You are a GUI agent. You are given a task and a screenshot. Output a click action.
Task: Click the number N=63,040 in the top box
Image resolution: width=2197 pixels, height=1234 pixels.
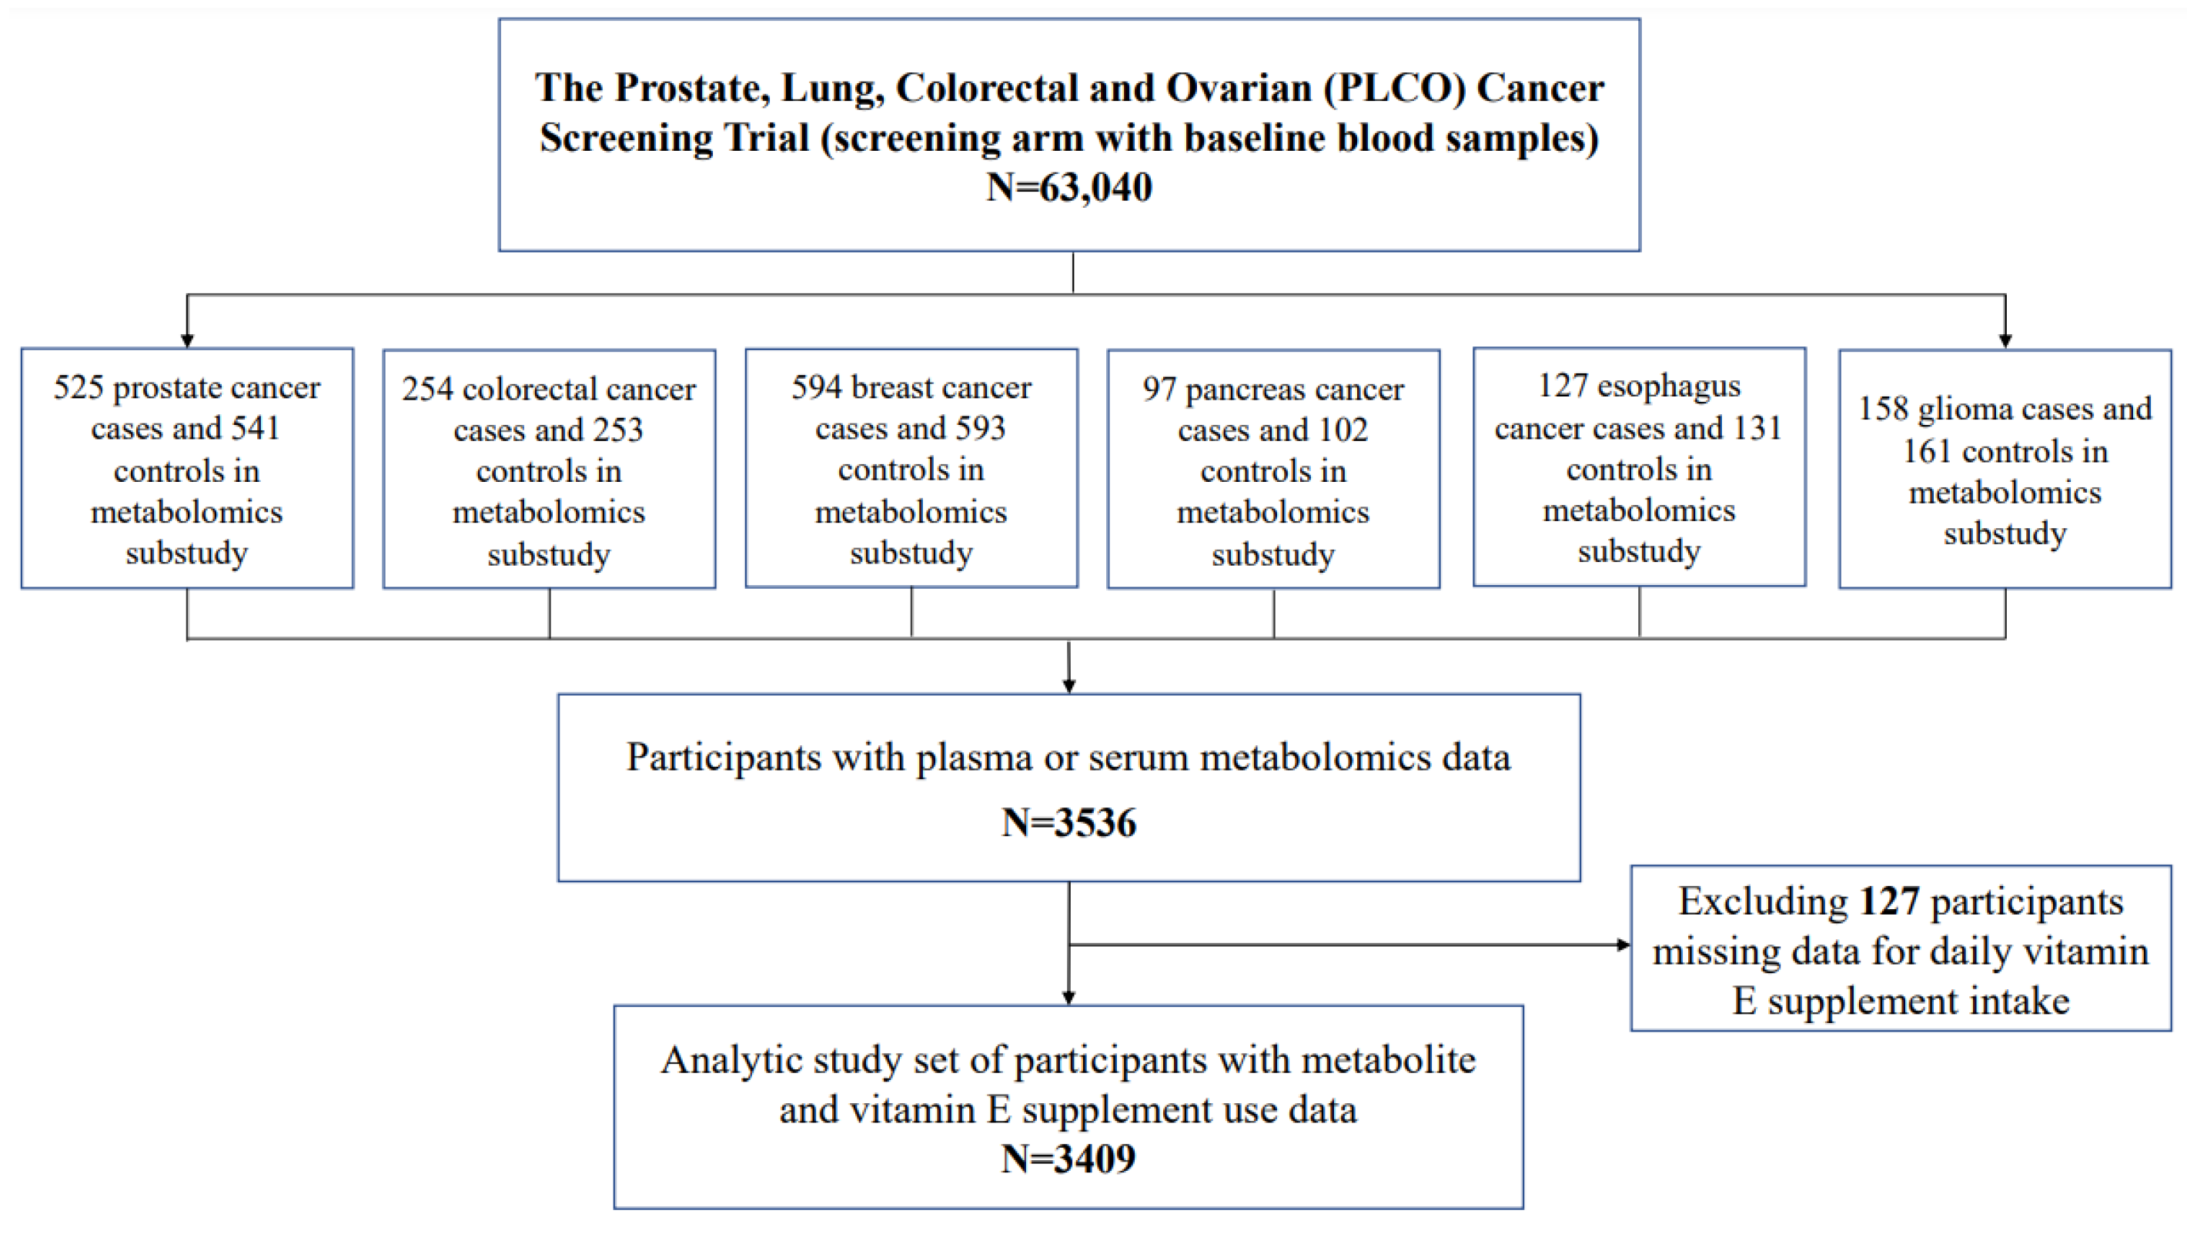[x=1068, y=187]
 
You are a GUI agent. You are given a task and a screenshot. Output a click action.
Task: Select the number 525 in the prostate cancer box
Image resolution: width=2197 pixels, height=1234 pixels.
[x=79, y=387]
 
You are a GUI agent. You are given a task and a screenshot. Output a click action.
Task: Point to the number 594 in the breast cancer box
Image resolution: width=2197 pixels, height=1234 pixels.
[x=816, y=387]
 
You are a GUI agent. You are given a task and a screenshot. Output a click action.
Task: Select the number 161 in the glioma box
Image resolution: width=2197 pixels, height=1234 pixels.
[x=1928, y=450]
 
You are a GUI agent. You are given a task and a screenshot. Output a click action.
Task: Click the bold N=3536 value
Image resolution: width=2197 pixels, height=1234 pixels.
[x=1068, y=822]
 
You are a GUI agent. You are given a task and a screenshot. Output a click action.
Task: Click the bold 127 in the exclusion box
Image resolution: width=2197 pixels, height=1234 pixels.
[x=1889, y=901]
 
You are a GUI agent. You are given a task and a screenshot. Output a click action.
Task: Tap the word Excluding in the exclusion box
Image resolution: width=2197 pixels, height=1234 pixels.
[x=1763, y=901]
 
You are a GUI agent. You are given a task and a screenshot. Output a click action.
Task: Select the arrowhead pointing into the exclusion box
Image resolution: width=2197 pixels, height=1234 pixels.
[x=1623, y=944]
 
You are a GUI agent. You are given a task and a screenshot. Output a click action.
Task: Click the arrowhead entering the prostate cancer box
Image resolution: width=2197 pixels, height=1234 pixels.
[x=187, y=341]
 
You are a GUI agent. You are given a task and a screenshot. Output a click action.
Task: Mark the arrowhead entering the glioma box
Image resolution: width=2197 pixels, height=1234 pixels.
[x=2005, y=341]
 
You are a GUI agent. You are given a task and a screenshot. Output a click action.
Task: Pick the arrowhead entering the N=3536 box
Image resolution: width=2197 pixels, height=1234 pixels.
[x=1068, y=687]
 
